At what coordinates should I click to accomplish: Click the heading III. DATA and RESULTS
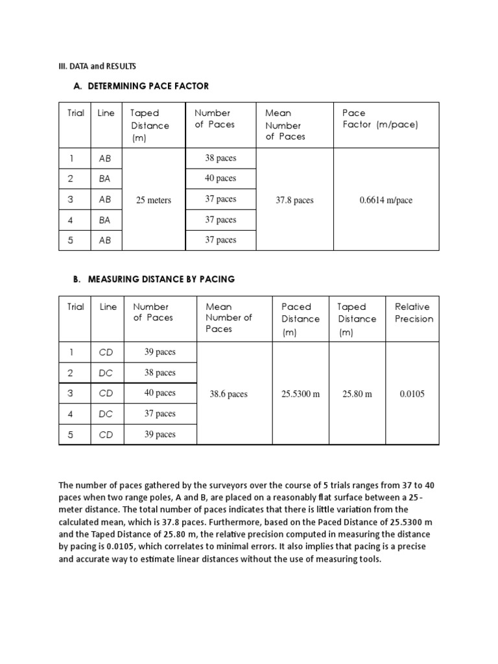97,66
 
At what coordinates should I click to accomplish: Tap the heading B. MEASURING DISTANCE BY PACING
154,279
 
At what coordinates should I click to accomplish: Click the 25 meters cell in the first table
154,200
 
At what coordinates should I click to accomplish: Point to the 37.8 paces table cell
294,200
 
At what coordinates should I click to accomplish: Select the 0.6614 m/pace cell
386,200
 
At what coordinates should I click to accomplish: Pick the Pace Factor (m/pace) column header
380,119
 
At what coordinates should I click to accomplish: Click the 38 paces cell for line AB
220,158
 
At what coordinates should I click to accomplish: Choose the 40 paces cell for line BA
220,178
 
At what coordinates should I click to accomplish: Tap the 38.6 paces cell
228,394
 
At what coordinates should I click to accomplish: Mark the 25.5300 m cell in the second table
301,394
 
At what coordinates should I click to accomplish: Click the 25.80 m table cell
357,394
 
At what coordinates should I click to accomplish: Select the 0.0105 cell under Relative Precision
412,394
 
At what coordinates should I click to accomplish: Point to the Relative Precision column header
414,313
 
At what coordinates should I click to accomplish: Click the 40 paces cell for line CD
160,393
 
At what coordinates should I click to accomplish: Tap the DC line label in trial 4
106,414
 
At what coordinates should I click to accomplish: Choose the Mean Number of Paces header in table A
285,124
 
